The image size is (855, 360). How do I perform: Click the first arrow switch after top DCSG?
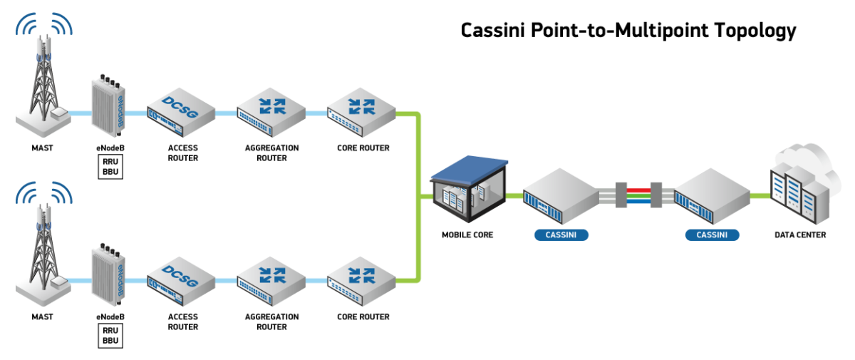[271, 110]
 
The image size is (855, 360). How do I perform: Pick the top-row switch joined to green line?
[361, 110]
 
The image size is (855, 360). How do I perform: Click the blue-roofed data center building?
[469, 188]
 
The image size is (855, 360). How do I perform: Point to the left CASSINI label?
[561, 235]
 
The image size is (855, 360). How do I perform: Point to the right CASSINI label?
[712, 235]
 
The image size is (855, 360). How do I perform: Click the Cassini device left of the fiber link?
[560, 195]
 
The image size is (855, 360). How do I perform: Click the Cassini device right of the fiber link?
[712, 195]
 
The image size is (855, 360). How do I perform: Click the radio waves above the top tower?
[45, 25]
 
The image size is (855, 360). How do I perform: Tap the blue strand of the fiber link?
[638, 202]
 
